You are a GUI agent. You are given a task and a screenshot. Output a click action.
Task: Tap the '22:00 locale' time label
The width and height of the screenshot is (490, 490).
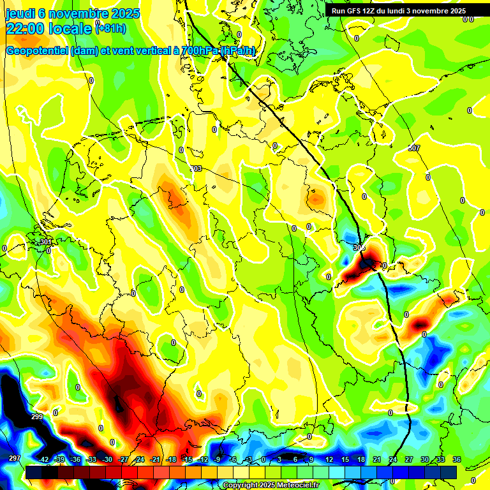click(x=48, y=28)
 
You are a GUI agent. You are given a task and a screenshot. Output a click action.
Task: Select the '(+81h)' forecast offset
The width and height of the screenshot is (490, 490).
click(x=110, y=28)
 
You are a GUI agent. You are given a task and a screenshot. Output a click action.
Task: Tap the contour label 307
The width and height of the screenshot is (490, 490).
click(x=414, y=148)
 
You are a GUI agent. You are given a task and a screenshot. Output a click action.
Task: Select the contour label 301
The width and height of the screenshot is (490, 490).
click(x=45, y=242)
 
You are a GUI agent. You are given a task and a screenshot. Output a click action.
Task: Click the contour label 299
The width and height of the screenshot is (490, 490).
click(x=37, y=417)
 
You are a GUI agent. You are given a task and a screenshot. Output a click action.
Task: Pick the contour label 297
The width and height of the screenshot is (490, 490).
click(x=14, y=459)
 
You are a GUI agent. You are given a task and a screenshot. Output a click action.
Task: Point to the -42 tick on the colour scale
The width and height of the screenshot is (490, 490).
click(x=43, y=459)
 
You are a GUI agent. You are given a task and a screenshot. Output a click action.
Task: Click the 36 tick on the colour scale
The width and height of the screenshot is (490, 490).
click(x=457, y=459)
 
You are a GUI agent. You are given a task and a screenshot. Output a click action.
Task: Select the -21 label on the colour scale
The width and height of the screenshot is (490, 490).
click(x=155, y=459)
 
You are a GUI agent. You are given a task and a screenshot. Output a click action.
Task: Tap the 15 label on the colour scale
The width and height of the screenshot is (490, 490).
click(x=345, y=459)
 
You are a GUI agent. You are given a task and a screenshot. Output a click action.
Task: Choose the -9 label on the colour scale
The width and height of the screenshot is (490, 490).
click(x=217, y=459)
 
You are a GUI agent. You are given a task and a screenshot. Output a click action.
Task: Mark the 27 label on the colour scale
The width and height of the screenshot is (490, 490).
click(x=409, y=459)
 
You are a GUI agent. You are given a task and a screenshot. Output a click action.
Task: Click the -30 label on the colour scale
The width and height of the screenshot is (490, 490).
click(x=107, y=459)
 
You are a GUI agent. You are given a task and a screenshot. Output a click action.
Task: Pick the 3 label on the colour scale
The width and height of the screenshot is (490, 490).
click(x=279, y=459)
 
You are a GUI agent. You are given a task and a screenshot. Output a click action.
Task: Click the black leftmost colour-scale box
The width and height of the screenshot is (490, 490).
click(x=34, y=472)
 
